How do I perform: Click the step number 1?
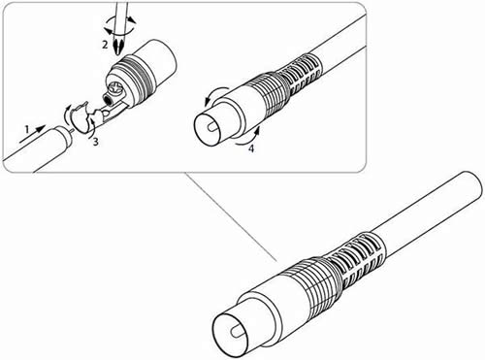[x=27, y=129]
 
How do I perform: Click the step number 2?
[x=105, y=45]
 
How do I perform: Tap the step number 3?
[x=95, y=142]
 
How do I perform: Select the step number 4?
[x=251, y=148]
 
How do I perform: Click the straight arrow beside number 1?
[x=32, y=134]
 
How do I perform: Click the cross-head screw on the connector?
[x=115, y=88]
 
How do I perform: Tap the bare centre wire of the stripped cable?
[x=72, y=130]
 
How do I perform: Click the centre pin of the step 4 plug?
[x=212, y=127]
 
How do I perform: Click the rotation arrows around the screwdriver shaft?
[x=119, y=26]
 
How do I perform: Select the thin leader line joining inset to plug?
[x=230, y=216]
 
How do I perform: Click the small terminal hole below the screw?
[x=107, y=97]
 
